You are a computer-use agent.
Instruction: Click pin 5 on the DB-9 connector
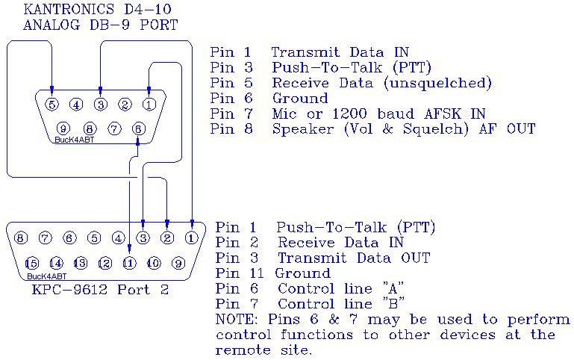[52, 105]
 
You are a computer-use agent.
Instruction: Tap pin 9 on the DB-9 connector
[63, 128]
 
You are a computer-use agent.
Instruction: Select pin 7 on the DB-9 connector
[114, 128]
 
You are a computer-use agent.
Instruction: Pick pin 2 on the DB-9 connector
[125, 105]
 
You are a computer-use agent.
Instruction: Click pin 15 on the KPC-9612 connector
[32, 263]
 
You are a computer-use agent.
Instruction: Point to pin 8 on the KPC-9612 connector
[20, 238]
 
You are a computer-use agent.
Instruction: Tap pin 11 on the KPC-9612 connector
[130, 263]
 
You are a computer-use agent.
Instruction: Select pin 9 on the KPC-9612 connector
[178, 263]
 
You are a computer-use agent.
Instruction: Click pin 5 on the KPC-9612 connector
[94, 238]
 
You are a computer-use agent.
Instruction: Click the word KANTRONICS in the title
[69, 9]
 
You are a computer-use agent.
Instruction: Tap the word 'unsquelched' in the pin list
[437, 83]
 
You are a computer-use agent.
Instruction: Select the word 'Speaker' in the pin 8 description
[303, 129]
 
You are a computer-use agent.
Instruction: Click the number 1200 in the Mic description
[349, 114]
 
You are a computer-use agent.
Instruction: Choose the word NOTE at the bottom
[236, 320]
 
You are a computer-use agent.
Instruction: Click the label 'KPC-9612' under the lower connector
[69, 290]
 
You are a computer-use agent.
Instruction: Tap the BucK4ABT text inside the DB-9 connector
[75, 140]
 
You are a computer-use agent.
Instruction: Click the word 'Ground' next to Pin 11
[302, 273]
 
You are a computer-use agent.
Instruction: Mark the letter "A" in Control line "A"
[393, 288]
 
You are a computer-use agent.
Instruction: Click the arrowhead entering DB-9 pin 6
[137, 143]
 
